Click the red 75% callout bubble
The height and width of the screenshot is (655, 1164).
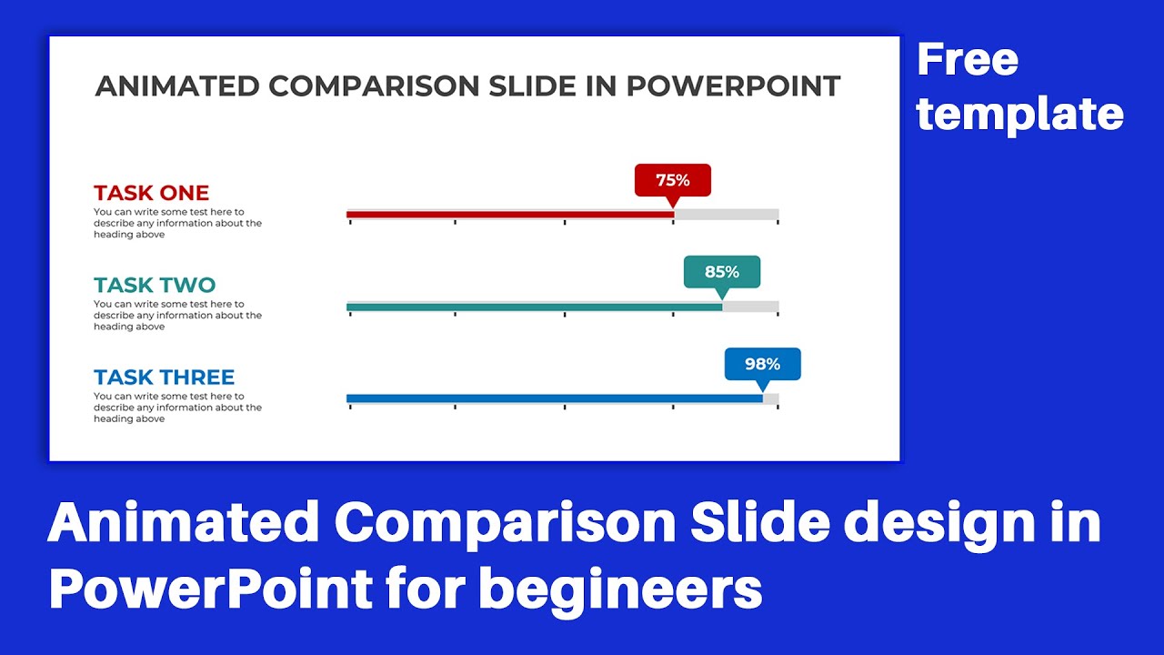672,180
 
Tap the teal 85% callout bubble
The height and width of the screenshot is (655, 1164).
721,272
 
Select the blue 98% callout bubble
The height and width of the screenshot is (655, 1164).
762,364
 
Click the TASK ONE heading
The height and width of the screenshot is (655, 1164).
151,193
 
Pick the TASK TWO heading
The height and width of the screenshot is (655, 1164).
154,285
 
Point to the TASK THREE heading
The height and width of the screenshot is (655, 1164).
164,377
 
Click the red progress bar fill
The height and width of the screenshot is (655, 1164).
509,215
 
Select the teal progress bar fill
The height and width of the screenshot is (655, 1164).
534,307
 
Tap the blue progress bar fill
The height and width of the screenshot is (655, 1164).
554,398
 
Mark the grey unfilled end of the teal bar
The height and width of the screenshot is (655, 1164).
750,307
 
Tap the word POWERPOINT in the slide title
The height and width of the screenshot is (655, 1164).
733,86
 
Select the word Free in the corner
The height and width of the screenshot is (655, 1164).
967,61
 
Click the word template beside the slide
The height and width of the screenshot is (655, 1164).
1019,115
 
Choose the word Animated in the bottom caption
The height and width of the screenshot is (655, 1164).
183,524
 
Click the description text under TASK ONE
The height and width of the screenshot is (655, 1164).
177,223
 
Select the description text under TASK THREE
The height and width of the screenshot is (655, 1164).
177,408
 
